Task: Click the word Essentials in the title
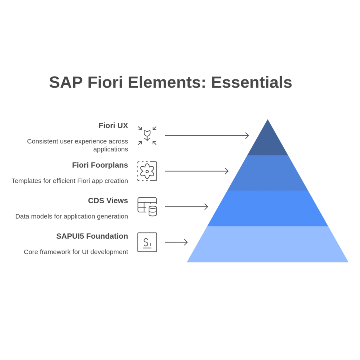tap(251, 82)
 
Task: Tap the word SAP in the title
tap(66, 82)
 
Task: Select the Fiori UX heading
tap(113, 126)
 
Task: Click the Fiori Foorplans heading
tap(100, 165)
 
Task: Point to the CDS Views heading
tap(108, 201)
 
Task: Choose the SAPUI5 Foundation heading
tap(92, 236)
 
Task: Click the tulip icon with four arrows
tap(147, 135)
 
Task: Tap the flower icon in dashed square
tap(147, 171)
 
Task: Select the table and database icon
tap(147, 207)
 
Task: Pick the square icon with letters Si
tap(147, 242)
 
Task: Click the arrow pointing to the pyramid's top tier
tap(207, 135)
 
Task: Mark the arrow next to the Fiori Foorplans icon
tap(197, 171)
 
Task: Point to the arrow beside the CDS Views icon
tap(186, 207)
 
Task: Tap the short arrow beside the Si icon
tap(176, 242)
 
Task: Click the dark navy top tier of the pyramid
tap(268, 142)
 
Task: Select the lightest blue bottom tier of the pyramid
tap(268, 244)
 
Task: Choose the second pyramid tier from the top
tap(268, 173)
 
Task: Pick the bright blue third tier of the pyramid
tap(268, 208)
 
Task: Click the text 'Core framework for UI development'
tap(76, 252)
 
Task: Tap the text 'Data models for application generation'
tap(72, 216)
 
